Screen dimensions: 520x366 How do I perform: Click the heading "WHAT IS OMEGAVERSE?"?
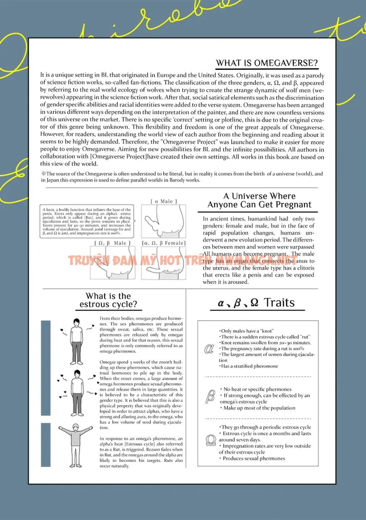point(267,63)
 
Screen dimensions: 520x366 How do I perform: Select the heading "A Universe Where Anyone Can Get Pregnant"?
point(260,200)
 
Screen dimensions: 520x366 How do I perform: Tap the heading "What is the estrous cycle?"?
point(108,300)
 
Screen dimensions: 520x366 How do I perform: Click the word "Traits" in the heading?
point(279,303)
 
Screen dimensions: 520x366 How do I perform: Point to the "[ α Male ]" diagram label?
point(163,202)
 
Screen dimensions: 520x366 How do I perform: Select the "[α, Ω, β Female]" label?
point(163,243)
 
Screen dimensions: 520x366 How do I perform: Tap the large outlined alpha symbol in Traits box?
point(209,349)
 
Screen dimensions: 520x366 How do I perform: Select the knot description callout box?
point(87,222)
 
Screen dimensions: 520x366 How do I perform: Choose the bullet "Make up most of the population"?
point(258,408)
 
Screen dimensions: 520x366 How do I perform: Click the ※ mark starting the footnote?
point(43,174)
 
